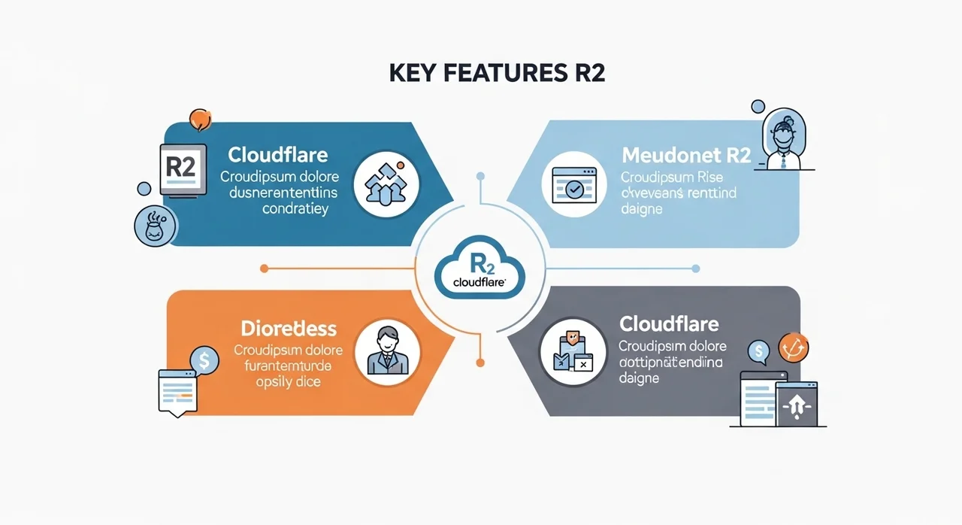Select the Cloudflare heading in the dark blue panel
tap(277, 156)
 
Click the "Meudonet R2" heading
tap(686, 156)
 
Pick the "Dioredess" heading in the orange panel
tap(289, 329)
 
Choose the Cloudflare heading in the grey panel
tap(669, 324)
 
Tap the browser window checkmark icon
tap(573, 184)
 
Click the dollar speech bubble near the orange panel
tap(204, 360)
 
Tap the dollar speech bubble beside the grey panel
tap(759, 351)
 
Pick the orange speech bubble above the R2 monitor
tap(200, 119)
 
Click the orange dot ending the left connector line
tap(264, 268)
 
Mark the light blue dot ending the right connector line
tap(695, 268)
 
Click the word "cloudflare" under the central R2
tap(479, 282)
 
